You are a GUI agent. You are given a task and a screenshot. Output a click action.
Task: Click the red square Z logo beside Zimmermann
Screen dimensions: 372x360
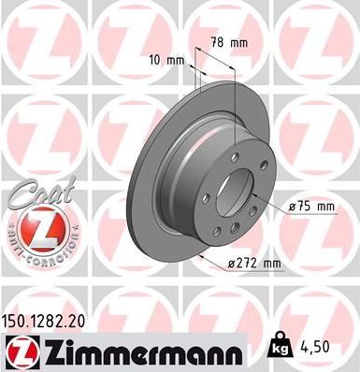(x=17, y=351)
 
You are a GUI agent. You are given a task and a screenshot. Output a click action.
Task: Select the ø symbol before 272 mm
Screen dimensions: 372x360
(x=233, y=265)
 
